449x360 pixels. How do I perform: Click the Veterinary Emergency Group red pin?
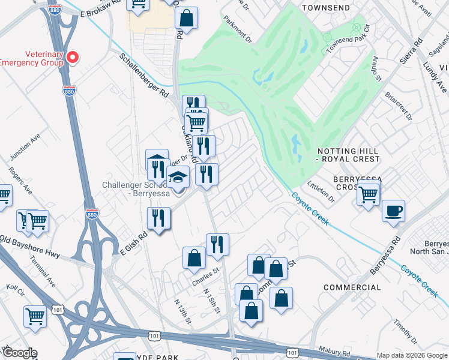coord(73,57)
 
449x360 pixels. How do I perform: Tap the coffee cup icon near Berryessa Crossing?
coord(394,211)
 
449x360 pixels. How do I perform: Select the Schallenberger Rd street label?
coord(143,76)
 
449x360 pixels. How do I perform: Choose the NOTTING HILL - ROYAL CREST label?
coord(348,155)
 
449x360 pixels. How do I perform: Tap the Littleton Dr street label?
coord(321,191)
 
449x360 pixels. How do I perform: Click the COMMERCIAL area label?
coord(352,287)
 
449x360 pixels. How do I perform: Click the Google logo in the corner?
coord(19,353)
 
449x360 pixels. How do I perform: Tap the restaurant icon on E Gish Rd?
coord(159,217)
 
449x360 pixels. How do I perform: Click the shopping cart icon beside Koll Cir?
coord(35,316)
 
